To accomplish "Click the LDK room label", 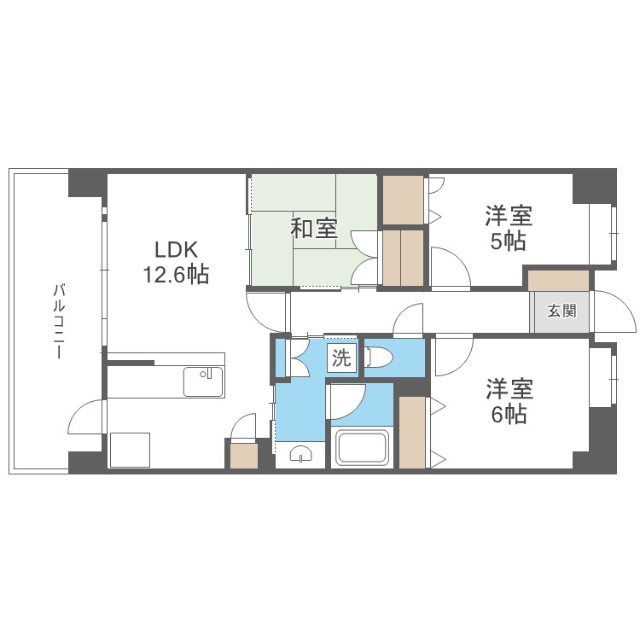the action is point(177,250).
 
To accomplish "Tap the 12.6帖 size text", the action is point(176,274).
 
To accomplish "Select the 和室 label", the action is point(314,229).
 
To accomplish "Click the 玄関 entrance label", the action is point(562,311).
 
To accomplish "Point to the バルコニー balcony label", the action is point(59,322).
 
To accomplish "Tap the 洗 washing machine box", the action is point(341,358).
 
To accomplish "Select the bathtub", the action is point(362,447).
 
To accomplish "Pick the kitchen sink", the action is point(203,381).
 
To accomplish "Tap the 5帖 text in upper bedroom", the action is point(508,241).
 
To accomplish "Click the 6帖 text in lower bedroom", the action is point(509,415).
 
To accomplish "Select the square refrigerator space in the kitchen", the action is point(130,450).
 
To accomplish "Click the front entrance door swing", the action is point(614,311).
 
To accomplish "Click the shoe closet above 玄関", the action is point(559,281).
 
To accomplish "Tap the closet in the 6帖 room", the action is point(412,433).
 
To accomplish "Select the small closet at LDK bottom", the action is point(244,456).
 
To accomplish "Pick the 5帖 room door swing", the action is point(451,267).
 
